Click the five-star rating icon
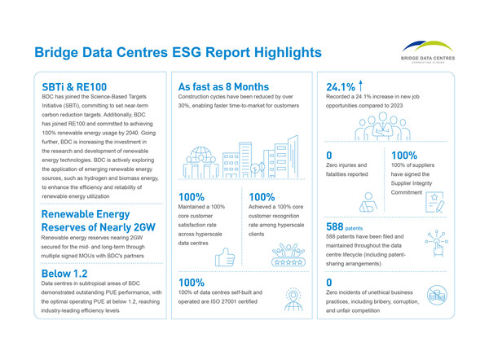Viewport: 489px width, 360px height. (x=289, y=262)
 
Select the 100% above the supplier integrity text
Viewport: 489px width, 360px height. (x=405, y=155)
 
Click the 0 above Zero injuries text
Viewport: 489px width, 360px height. (x=329, y=155)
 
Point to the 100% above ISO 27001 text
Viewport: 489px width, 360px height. (x=192, y=283)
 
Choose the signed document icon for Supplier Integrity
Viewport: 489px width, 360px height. (x=434, y=199)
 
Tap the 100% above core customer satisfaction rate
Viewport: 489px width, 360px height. (x=192, y=197)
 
